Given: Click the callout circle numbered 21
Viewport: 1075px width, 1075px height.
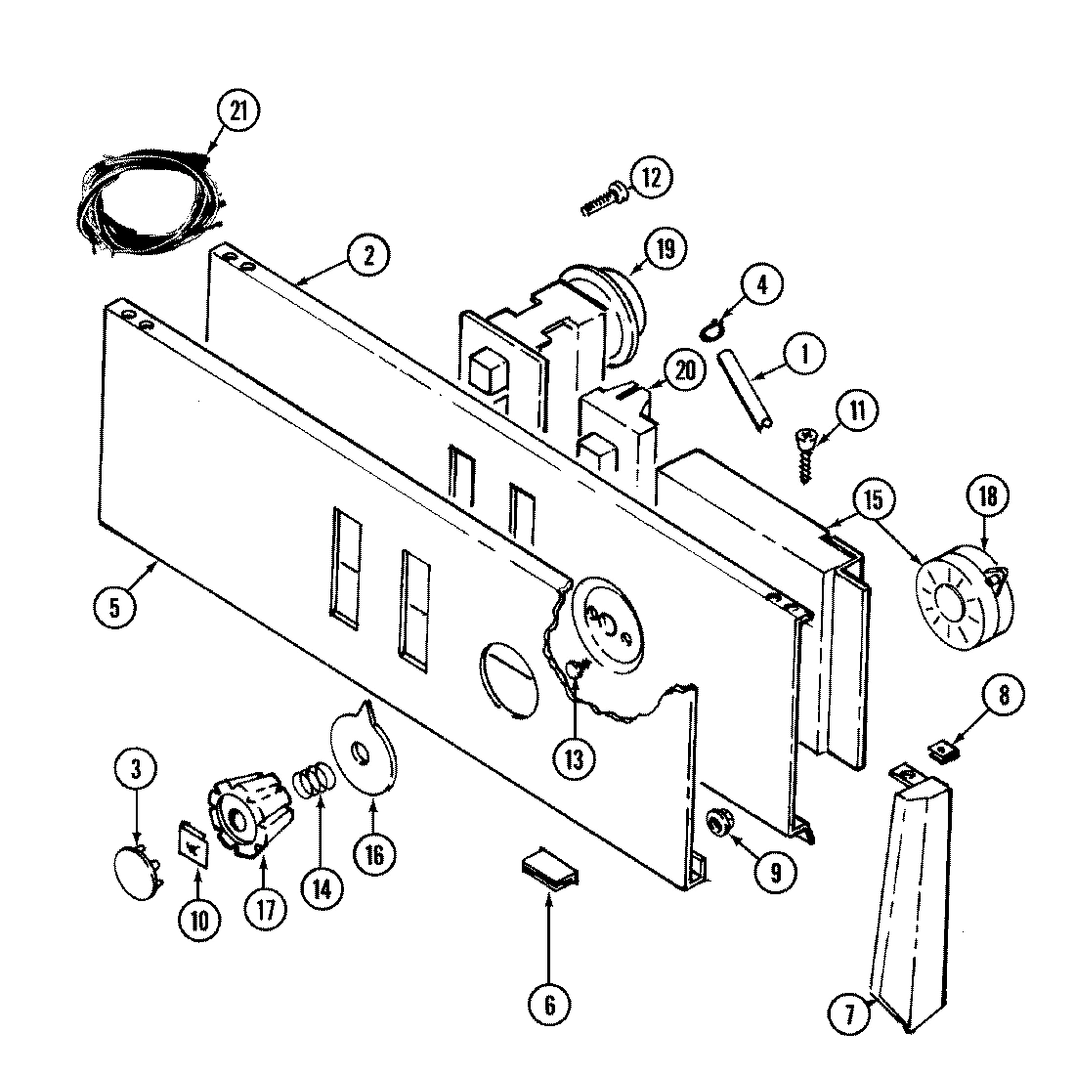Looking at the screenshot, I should (x=238, y=110).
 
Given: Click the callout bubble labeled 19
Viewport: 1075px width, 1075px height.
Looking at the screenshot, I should (x=666, y=248).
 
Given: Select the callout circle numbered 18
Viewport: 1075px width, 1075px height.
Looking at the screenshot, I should (x=988, y=496).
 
